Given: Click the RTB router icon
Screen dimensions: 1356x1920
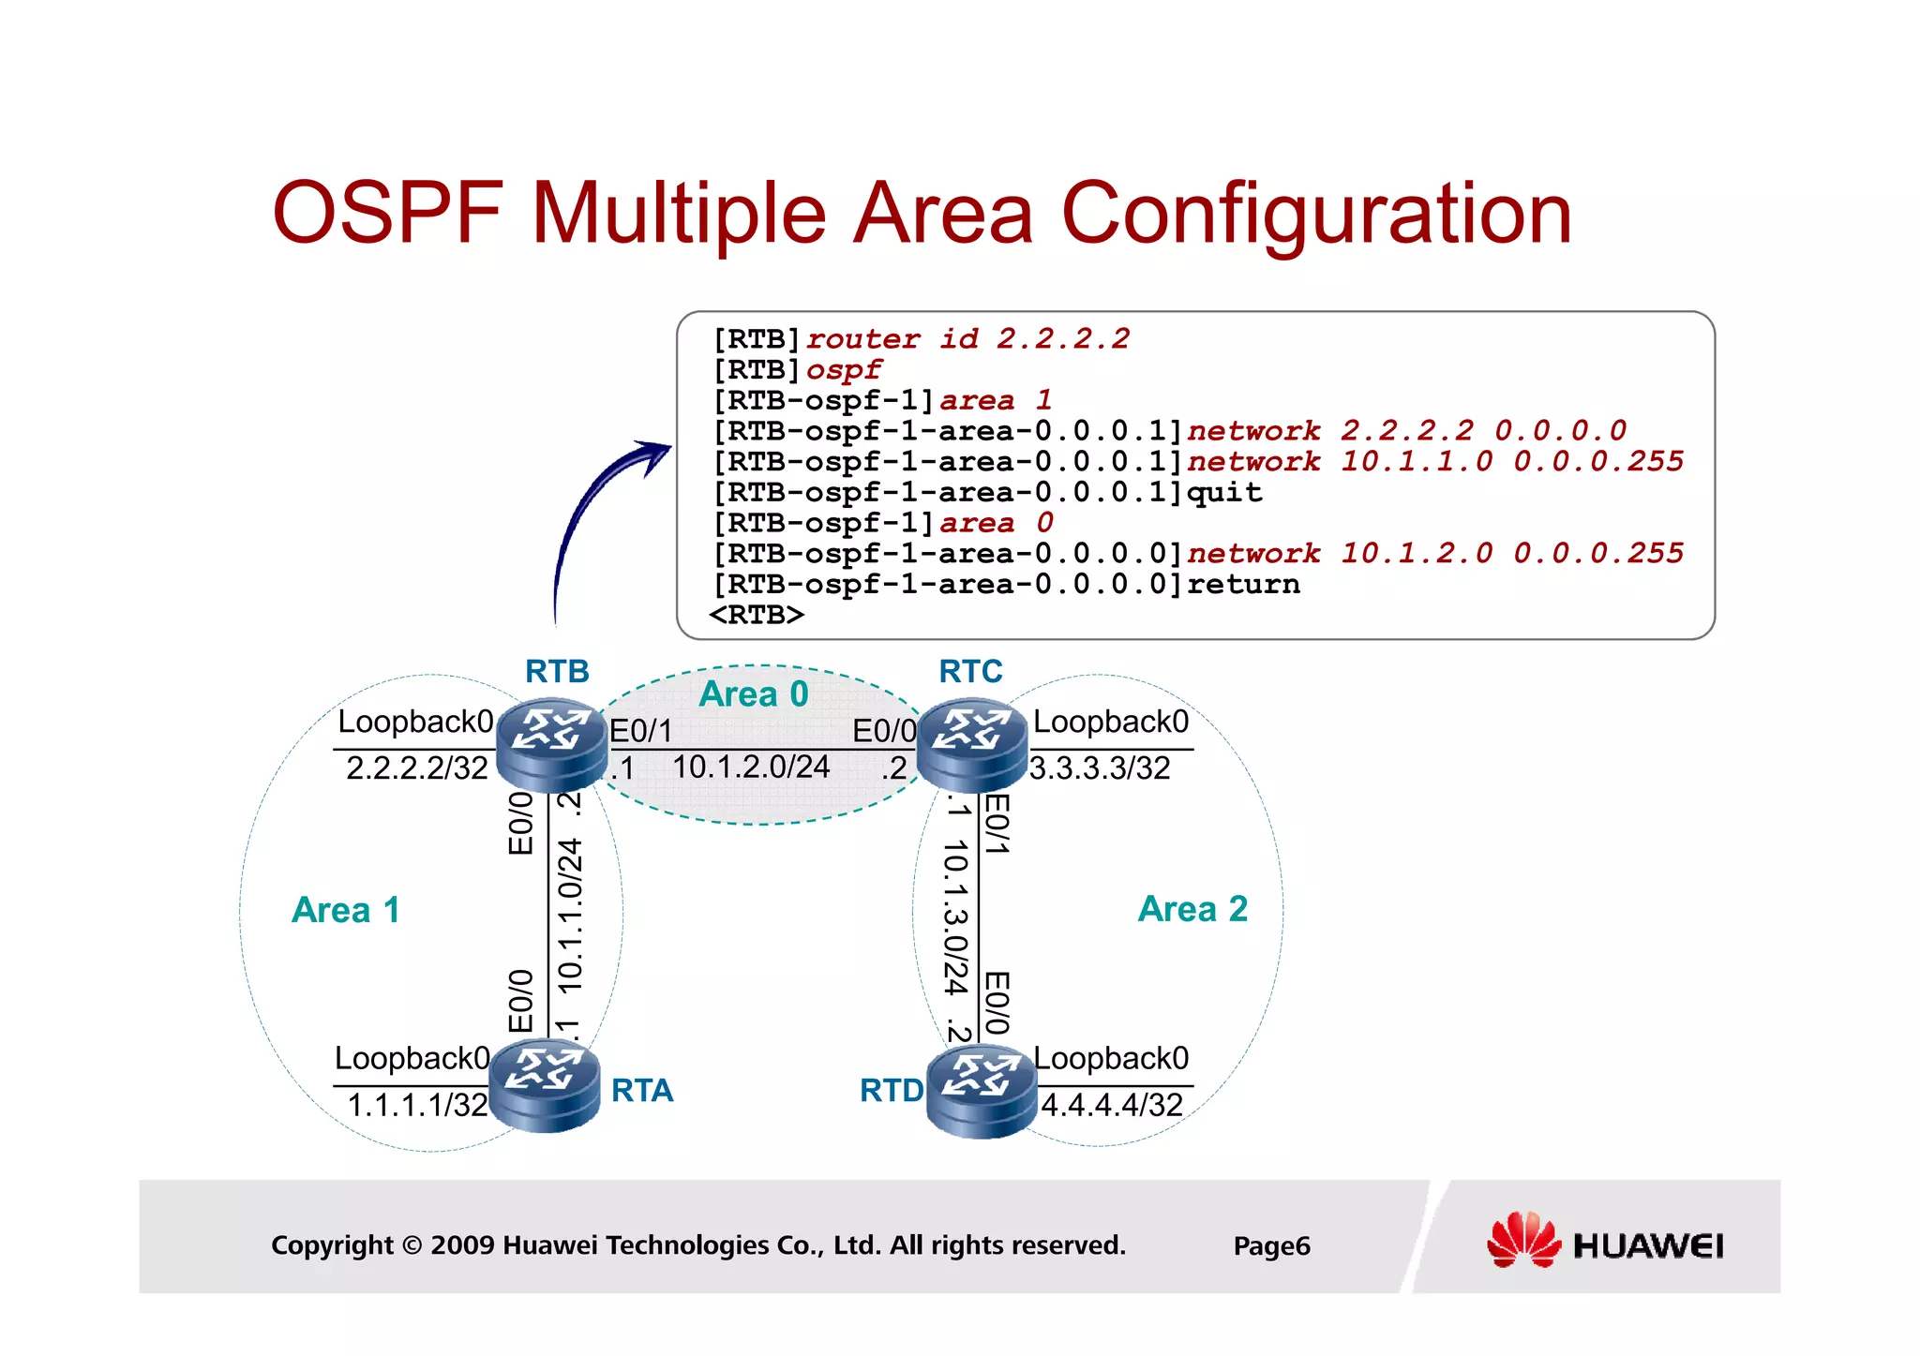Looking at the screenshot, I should (551, 745).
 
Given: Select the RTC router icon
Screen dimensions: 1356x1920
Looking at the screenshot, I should (971, 745).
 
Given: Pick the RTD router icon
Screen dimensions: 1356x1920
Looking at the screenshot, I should (981, 1091).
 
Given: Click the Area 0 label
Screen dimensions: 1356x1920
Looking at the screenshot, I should (754, 694).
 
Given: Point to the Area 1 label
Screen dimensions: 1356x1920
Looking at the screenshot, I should (346, 910).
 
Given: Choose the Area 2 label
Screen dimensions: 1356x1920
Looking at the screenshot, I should (1192, 909).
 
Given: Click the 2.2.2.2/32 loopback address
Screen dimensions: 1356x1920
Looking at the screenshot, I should (417, 768).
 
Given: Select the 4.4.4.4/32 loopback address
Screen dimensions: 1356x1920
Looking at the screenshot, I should (1112, 1105).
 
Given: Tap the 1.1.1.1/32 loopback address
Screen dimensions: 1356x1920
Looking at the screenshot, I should (417, 1105).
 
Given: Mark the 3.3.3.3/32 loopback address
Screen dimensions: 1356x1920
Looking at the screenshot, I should (1100, 768).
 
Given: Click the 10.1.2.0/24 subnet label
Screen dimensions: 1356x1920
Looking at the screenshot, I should (751, 767).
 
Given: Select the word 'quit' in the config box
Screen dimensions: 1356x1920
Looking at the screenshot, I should (1224, 493).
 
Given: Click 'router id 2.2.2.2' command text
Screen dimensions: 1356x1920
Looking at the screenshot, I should (968, 338).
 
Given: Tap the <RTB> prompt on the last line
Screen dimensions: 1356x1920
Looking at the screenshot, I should (757, 616).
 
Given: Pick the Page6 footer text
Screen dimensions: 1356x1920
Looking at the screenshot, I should (1271, 1245).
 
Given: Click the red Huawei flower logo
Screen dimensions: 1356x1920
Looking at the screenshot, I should (1522, 1240).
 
